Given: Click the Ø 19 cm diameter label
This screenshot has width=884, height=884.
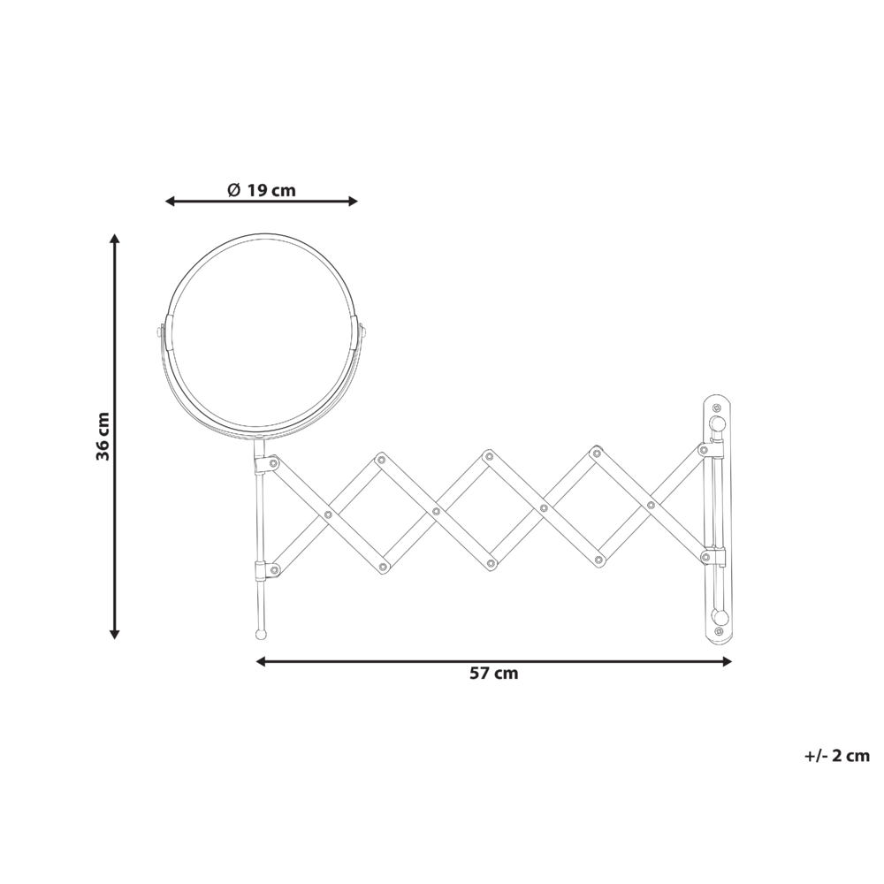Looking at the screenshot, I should click(261, 190).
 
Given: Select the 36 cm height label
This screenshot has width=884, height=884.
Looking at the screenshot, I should click(103, 436).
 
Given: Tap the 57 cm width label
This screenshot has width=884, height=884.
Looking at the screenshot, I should click(493, 674).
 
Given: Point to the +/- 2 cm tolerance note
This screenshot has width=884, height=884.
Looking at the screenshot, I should click(836, 756).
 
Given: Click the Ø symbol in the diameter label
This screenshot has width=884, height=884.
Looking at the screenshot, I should click(233, 190).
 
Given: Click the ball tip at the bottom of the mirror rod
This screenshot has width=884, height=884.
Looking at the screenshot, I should click(261, 634).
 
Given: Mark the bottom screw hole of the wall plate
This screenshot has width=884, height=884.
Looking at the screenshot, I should click(718, 633).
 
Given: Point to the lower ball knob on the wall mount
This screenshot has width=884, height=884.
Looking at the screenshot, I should click(719, 615).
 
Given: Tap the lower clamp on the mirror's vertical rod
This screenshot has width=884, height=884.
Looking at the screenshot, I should click(263, 570).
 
